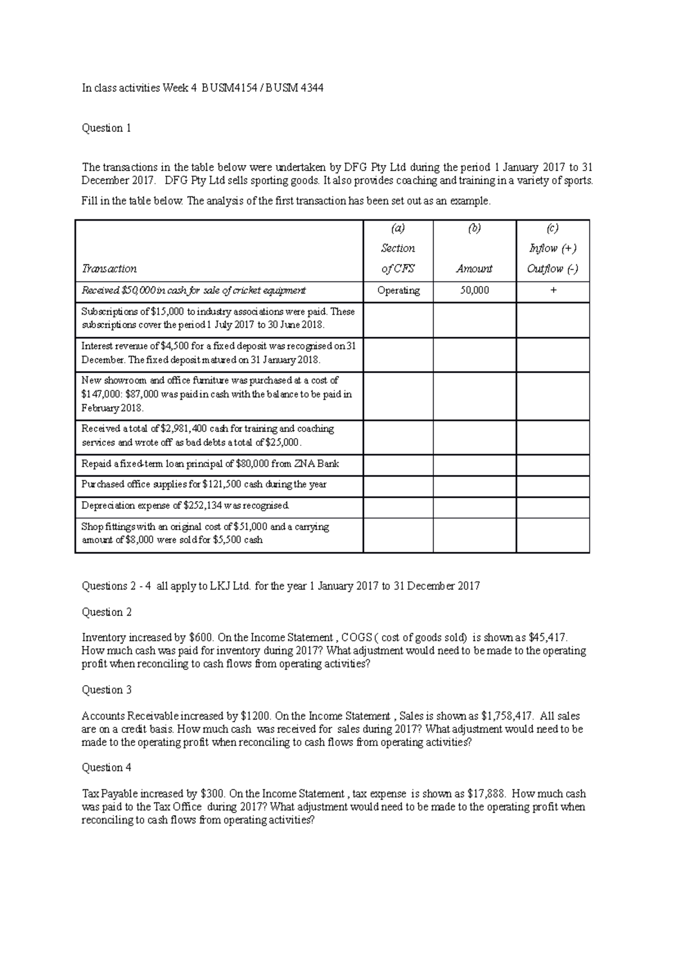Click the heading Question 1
click(x=106, y=128)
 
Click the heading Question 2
click(x=106, y=612)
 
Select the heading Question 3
click(x=106, y=690)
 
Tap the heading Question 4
click(x=106, y=767)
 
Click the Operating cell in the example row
click(x=398, y=291)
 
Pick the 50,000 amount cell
click(x=474, y=291)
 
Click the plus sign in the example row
click(x=553, y=291)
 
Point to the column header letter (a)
click(x=398, y=228)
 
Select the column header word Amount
click(x=474, y=269)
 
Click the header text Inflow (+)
click(x=553, y=248)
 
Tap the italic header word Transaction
click(x=109, y=269)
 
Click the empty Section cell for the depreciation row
click(x=398, y=507)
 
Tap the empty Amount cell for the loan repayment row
click(x=474, y=466)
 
